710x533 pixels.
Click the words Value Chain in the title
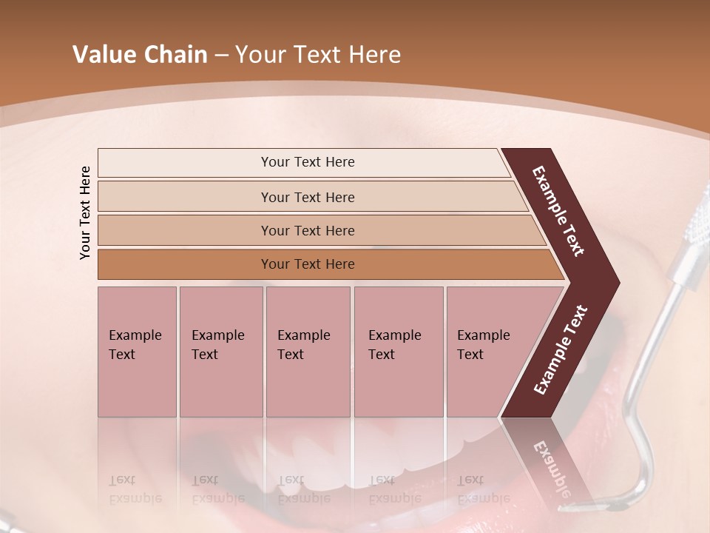pos(140,55)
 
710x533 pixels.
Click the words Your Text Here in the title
pos(317,55)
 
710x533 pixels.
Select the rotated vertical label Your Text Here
pos(86,212)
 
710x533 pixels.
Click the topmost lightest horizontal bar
pos(307,162)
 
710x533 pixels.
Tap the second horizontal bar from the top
pos(307,197)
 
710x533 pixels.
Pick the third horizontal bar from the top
pos(307,230)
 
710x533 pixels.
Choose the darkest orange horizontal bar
pos(307,264)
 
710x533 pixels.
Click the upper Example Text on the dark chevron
pos(558,211)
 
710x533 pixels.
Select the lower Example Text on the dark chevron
pos(560,349)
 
